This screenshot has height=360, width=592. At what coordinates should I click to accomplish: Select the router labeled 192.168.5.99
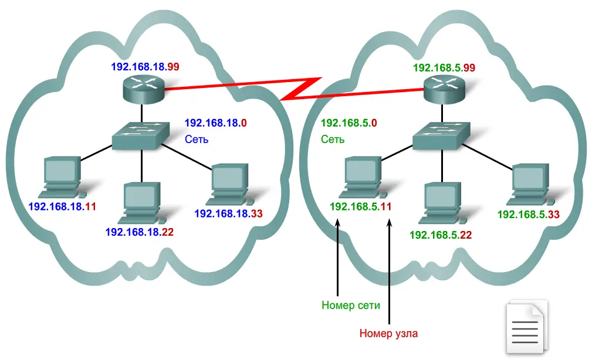(x=444, y=91)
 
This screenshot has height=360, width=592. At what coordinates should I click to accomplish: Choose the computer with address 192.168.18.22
(x=141, y=202)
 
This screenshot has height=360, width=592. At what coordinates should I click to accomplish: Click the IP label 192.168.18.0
(x=215, y=123)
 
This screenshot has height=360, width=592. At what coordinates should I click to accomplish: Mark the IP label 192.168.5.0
(x=349, y=124)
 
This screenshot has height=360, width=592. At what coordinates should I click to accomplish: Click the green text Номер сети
(x=351, y=305)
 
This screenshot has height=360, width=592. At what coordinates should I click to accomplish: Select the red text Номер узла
(x=388, y=334)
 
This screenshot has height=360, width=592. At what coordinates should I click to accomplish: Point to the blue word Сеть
(x=197, y=140)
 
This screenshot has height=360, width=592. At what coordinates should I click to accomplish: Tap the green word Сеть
(x=333, y=140)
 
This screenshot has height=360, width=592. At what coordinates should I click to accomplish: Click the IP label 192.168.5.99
(x=444, y=67)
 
